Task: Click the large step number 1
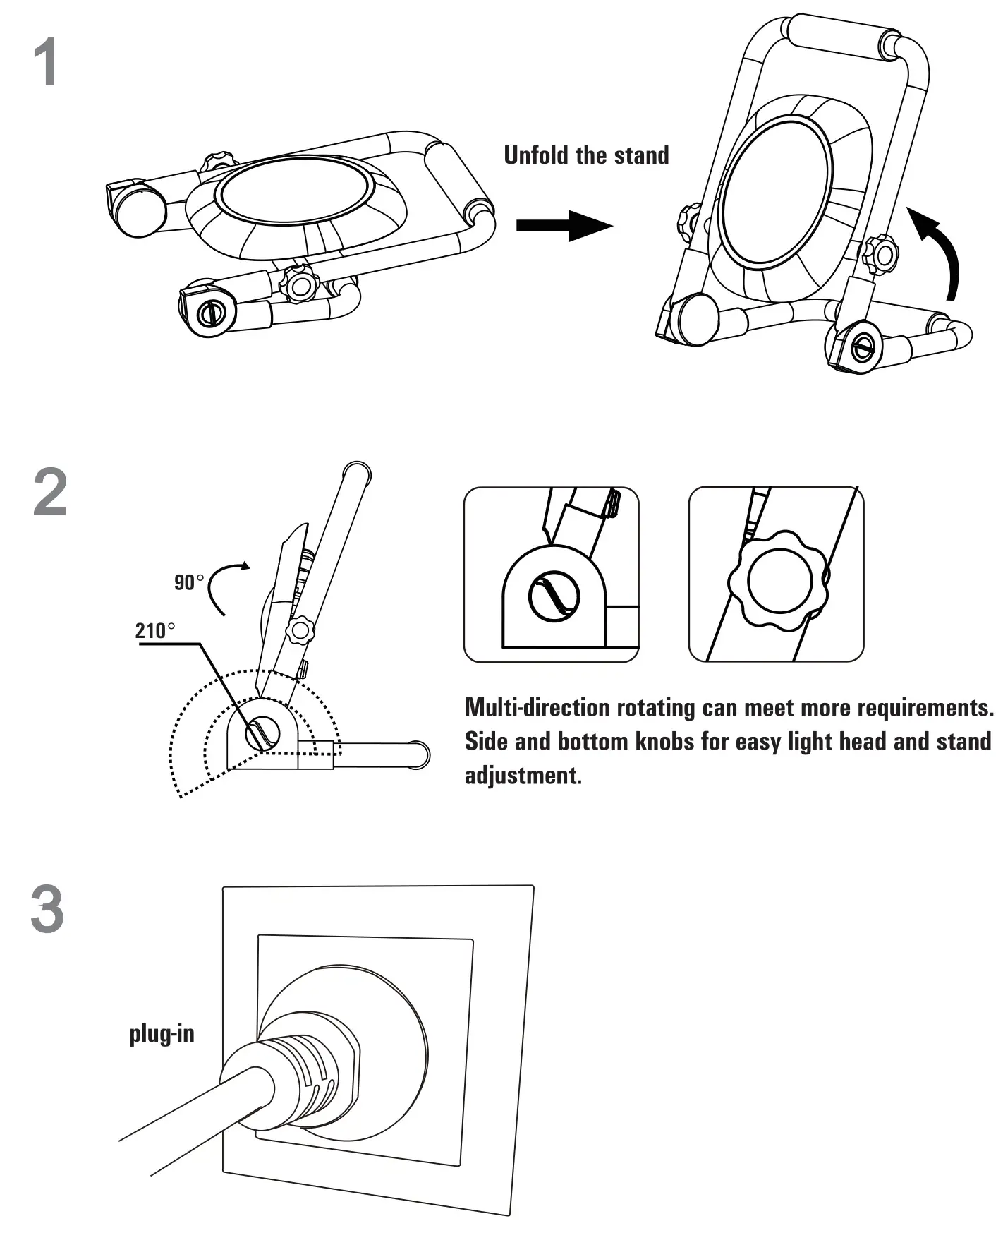coord(47,64)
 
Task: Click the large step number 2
coord(50,493)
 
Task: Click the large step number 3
coord(47,910)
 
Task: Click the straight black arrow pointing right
coord(564,226)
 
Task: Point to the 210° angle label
coord(155,630)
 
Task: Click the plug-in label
coord(162,1034)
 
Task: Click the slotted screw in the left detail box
coord(554,597)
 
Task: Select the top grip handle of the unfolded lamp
coord(836,35)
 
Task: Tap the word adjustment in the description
coord(523,775)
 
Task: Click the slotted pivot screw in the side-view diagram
coord(262,735)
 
